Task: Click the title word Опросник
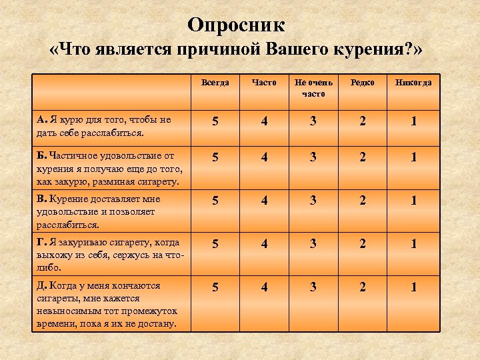[x=236, y=25]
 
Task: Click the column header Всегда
[x=215, y=83]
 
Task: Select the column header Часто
[x=264, y=83]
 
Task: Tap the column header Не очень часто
[x=313, y=88]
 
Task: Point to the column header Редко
[x=363, y=83]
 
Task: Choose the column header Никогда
[x=413, y=83]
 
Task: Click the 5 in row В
[x=215, y=201]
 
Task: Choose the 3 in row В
[x=313, y=201]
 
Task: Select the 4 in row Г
[x=264, y=244]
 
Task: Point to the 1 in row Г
[x=413, y=244]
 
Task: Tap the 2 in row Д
[x=363, y=287]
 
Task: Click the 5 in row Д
[x=215, y=287]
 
